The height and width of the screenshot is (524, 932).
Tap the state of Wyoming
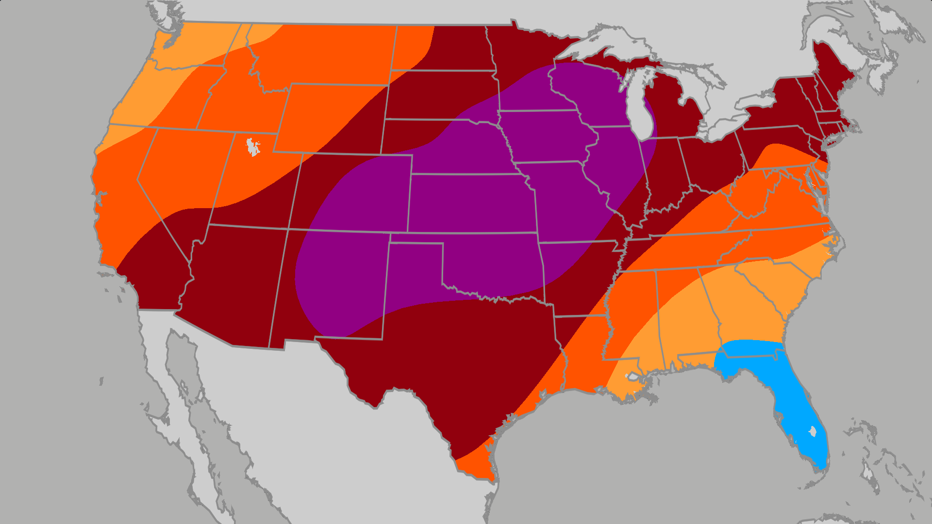tap(330, 116)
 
